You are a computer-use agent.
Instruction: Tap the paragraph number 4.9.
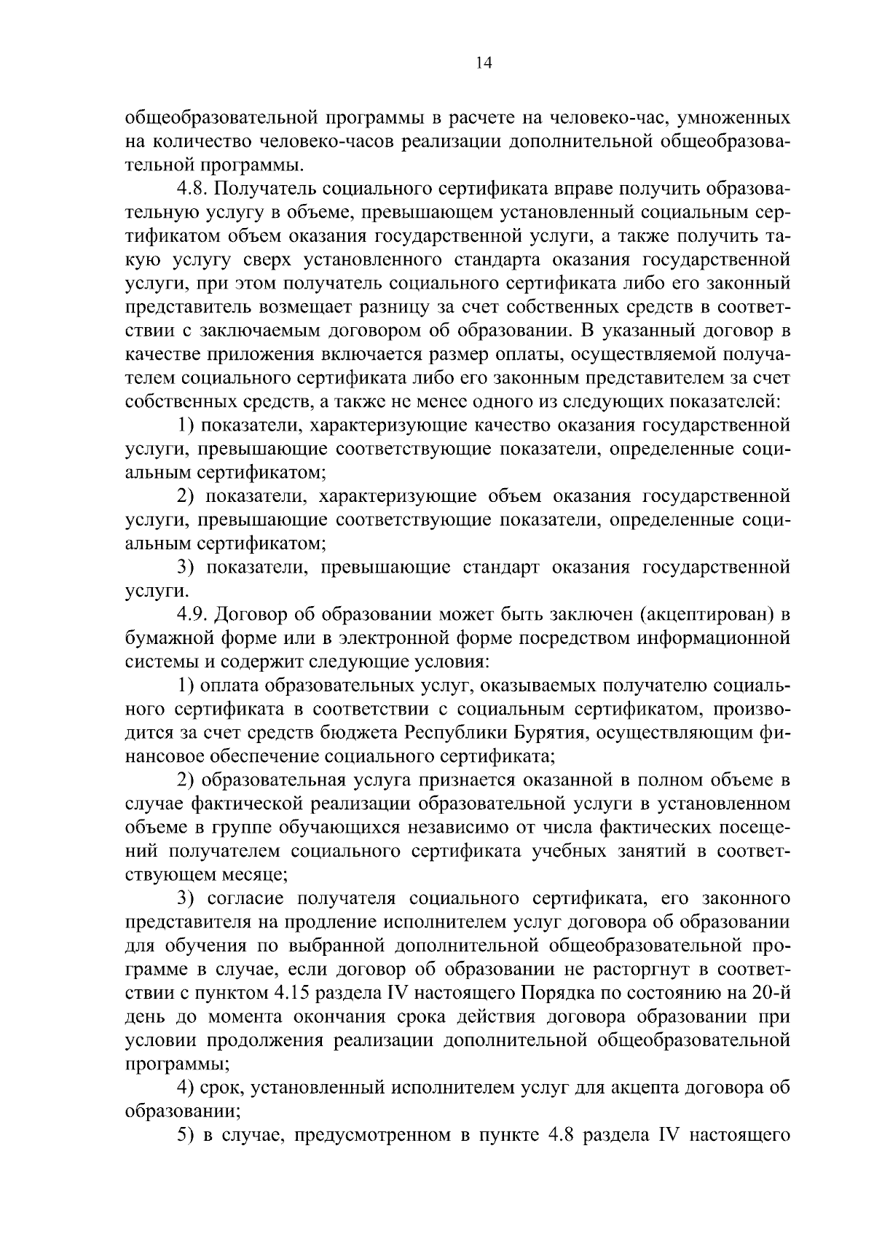coord(193,615)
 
